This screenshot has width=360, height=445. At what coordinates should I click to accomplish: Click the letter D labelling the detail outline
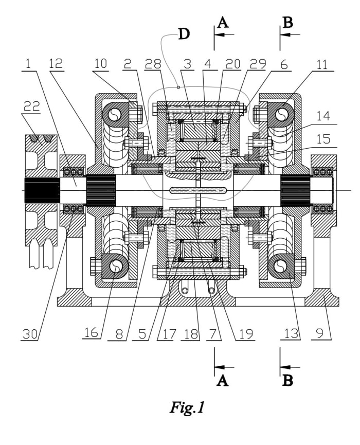tap(184, 34)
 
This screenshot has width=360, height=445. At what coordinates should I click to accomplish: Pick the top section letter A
tap(222, 22)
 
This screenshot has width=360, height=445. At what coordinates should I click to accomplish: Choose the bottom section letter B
tap(287, 381)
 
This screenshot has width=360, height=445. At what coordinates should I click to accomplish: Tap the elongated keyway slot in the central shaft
tap(198, 190)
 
